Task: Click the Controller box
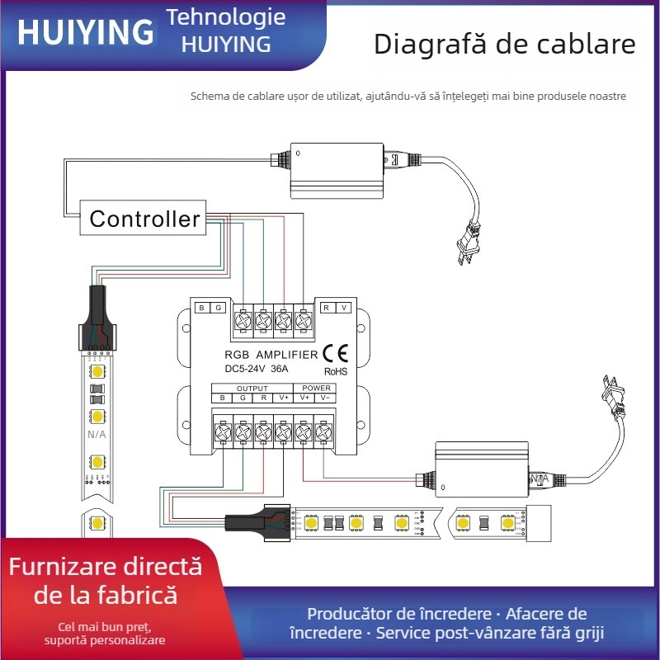tap(144, 219)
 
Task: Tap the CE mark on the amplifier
tap(335, 353)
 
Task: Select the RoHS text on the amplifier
tap(336, 371)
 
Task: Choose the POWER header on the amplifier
tap(316, 388)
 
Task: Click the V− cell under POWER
tap(326, 398)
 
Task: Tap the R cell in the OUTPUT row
tap(263, 398)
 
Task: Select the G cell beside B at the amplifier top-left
tap(219, 308)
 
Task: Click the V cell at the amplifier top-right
tap(345, 308)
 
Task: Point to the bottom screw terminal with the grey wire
tap(323, 431)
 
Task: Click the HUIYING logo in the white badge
tap(85, 32)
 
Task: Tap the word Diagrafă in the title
tap(430, 45)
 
